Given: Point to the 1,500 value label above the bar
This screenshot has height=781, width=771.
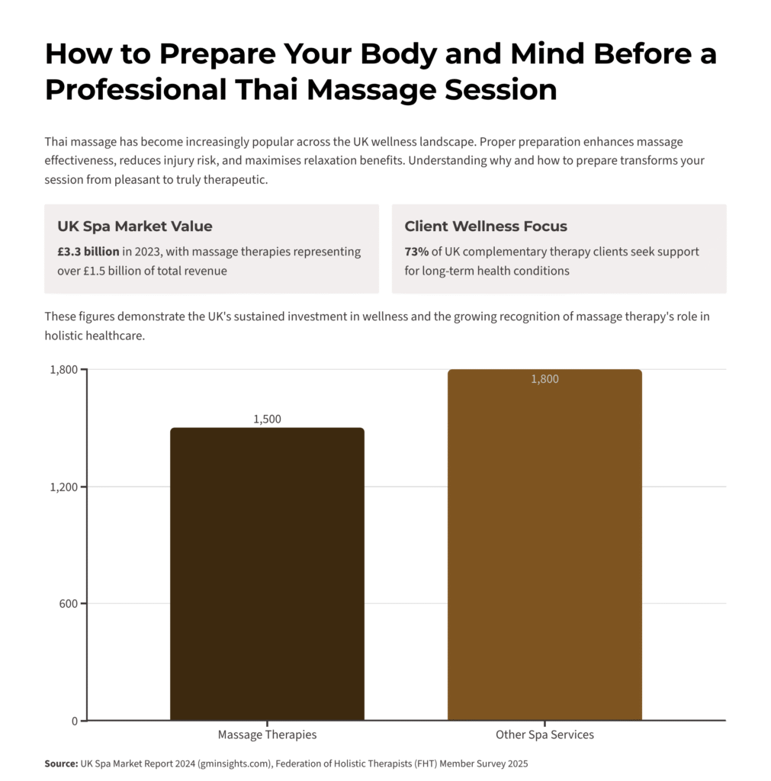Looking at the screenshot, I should coord(267,419).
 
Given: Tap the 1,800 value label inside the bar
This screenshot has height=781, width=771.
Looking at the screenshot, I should coord(545,379).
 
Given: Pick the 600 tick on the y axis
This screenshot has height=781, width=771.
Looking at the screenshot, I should coord(69,603).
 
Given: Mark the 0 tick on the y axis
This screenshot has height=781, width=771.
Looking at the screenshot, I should coord(74,721).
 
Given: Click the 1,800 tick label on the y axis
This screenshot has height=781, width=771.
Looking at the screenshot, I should coord(64,370).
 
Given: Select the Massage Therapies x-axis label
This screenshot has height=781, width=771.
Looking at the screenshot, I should coord(267,735).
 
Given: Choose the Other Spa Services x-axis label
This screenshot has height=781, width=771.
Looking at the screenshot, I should coord(545,735).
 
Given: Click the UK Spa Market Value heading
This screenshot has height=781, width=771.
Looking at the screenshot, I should coord(135,227).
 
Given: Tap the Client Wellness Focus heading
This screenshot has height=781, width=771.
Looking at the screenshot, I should coord(486,227).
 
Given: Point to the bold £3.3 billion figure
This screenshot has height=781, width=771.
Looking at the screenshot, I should coord(88,252).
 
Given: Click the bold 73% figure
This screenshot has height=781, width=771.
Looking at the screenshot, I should coord(416,252).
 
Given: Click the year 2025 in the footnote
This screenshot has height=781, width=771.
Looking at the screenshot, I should coord(516,763).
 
